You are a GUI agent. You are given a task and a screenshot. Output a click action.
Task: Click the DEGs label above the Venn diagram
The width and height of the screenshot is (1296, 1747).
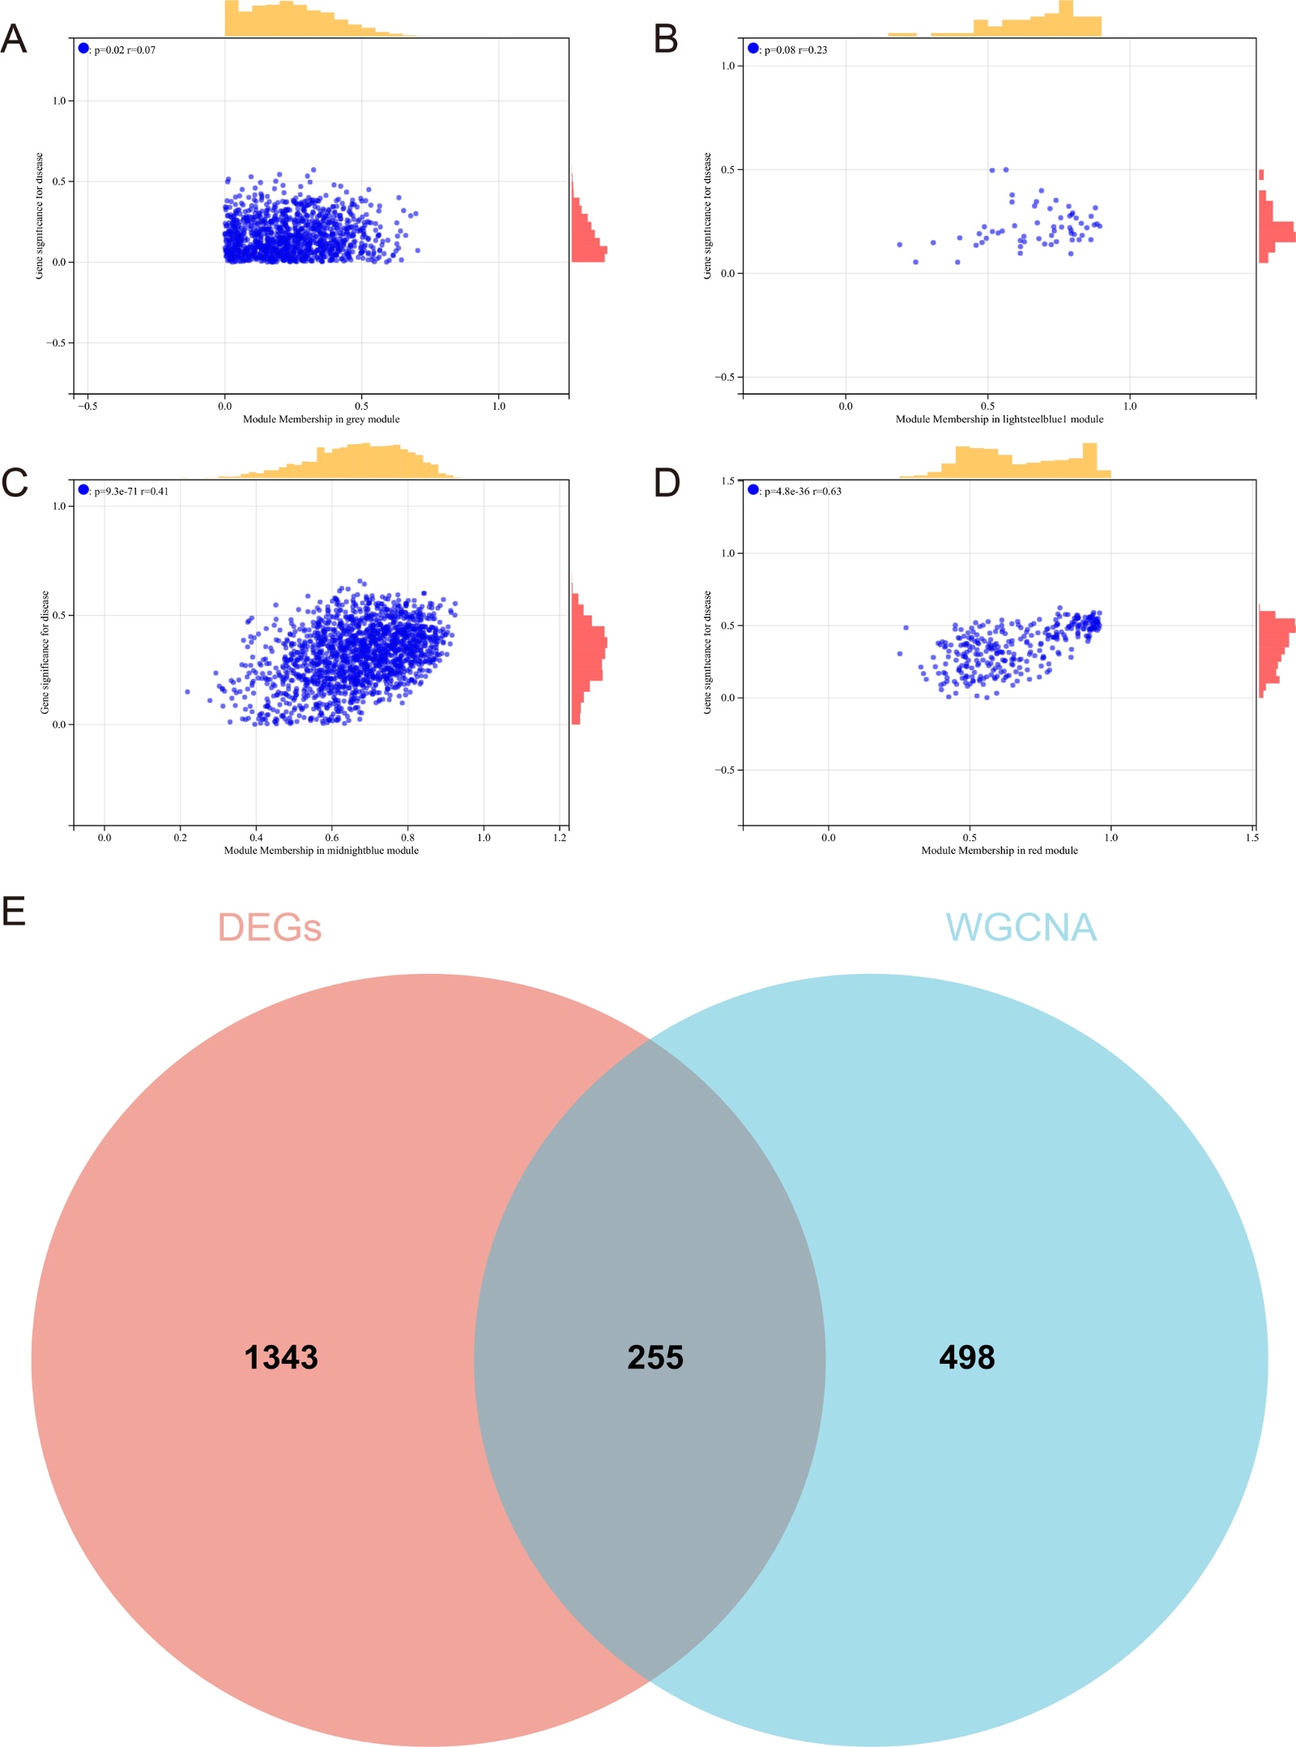pyautogui.click(x=269, y=928)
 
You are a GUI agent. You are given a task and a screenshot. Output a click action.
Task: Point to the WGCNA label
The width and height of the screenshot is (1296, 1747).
pyautogui.click(x=1021, y=928)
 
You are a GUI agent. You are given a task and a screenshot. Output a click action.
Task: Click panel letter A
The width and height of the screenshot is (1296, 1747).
pyautogui.click(x=14, y=39)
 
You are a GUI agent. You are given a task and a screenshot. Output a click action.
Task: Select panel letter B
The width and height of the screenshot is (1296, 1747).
pyautogui.click(x=666, y=39)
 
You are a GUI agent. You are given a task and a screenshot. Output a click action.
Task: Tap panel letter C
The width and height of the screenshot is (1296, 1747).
pyautogui.click(x=15, y=483)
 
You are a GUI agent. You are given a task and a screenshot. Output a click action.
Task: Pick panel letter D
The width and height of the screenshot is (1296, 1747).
pyautogui.click(x=667, y=483)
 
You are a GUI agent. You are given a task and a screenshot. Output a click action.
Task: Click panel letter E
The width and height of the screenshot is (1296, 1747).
pyautogui.click(x=14, y=912)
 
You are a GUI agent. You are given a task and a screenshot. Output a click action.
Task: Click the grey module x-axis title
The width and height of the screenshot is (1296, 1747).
pyautogui.click(x=321, y=419)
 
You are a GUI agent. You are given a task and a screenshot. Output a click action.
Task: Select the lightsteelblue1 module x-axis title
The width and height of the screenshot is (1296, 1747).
pyautogui.click(x=999, y=419)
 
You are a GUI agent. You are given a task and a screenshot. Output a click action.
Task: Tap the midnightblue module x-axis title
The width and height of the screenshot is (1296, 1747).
pyautogui.click(x=321, y=850)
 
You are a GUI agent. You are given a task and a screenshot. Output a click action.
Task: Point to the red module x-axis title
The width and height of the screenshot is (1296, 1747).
pyautogui.click(x=999, y=850)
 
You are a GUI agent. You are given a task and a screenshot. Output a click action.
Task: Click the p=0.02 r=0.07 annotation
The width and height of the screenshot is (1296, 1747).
pyautogui.click(x=124, y=50)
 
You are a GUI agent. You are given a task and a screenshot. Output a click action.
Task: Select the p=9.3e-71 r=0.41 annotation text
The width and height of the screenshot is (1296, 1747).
pyautogui.click(x=130, y=491)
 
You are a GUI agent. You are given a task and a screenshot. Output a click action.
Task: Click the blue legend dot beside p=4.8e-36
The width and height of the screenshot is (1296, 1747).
pyautogui.click(x=753, y=489)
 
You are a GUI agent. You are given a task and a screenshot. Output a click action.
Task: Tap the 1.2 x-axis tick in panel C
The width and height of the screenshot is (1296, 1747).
pyautogui.click(x=560, y=837)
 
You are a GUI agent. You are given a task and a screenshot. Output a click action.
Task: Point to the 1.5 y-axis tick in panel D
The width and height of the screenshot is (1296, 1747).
pyautogui.click(x=727, y=481)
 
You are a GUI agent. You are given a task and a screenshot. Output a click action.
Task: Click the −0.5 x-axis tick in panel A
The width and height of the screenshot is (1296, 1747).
pyautogui.click(x=87, y=406)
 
